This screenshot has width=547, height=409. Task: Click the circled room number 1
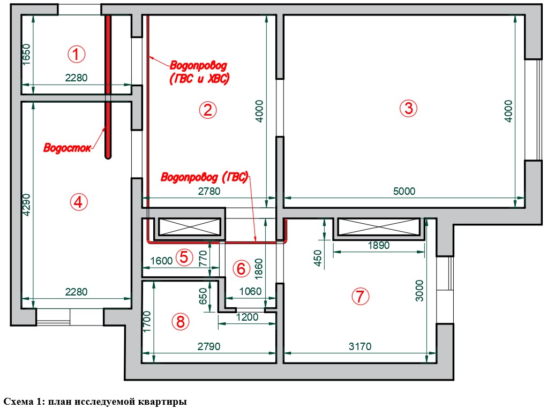pyautogui.click(x=76, y=54)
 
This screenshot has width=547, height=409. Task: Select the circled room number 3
pyautogui.click(x=408, y=108)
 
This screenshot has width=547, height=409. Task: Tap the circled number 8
pyautogui.click(x=181, y=321)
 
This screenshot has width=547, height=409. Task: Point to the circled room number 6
pyautogui.click(x=241, y=269)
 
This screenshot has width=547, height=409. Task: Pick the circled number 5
pyautogui.click(x=184, y=257)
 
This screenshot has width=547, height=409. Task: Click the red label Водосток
pyautogui.click(x=67, y=148)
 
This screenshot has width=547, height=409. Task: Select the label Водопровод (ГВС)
pyautogui.click(x=205, y=177)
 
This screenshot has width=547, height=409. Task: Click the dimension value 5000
pyautogui.click(x=404, y=191)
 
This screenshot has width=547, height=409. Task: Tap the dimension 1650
pyautogui.click(x=26, y=54)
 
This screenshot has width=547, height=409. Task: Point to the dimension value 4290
pyautogui.click(x=26, y=205)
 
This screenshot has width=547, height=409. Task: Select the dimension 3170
pyautogui.click(x=360, y=346)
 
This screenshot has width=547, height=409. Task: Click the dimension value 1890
pyautogui.click(x=378, y=246)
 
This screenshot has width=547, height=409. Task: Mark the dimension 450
pyautogui.click(x=318, y=257)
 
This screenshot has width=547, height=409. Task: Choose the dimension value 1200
pyautogui.click(x=247, y=317)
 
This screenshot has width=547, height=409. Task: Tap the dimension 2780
pyautogui.click(x=209, y=191)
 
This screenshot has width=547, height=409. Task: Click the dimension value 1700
pyautogui.click(x=147, y=322)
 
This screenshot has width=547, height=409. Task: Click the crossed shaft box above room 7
pyautogui.click(x=378, y=227)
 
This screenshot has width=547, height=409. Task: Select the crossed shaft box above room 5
pyautogui.click(x=190, y=227)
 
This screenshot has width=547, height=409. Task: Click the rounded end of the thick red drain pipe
pyautogui.click(x=108, y=157)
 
